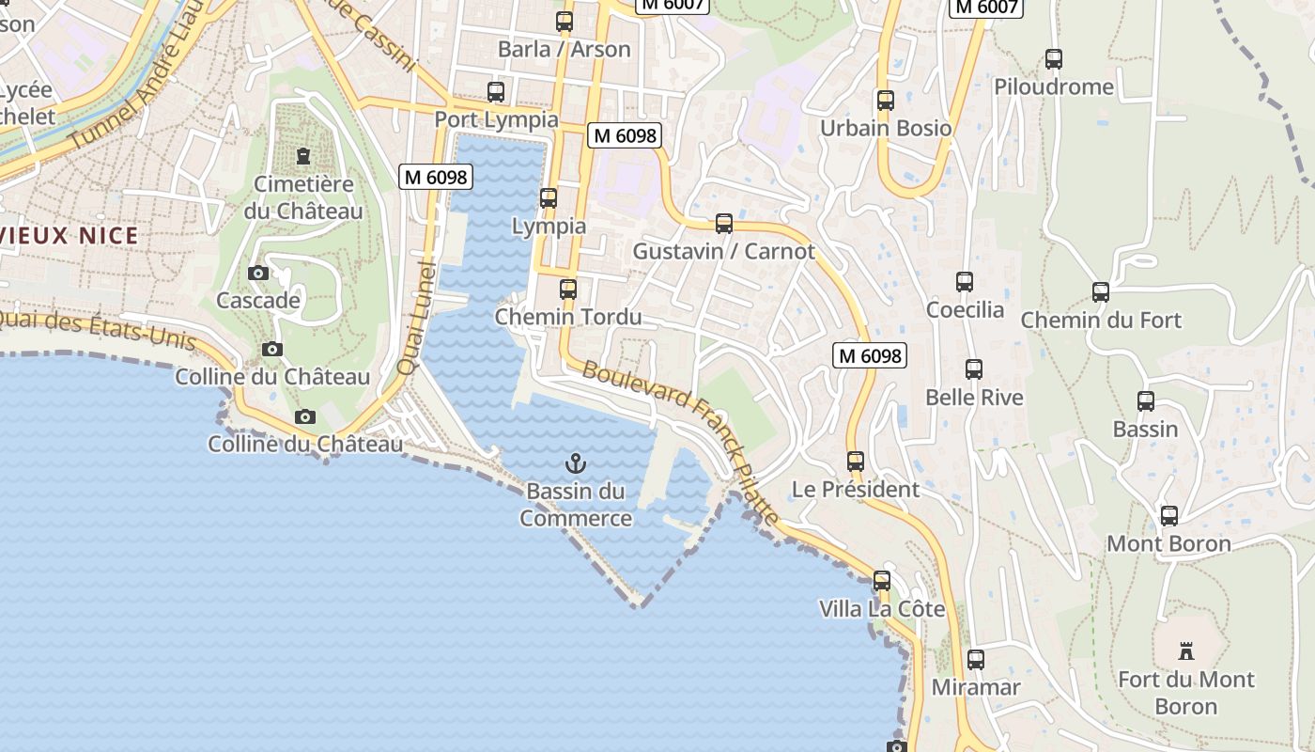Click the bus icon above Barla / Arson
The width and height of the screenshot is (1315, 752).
tap(565, 21)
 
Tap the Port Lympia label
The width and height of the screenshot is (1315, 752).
tap(496, 120)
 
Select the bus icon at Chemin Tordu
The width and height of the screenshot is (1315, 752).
tap(567, 289)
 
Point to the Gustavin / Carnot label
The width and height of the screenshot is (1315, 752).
tap(723, 252)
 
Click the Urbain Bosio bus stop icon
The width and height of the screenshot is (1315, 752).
tap(885, 100)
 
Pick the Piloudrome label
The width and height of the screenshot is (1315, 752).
tap(1054, 87)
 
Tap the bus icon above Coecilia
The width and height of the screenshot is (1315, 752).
tap(965, 281)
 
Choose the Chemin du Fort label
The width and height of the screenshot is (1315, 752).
tap(1101, 321)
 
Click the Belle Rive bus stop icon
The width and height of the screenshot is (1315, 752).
tap(974, 369)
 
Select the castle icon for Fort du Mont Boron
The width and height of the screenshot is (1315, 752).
tap(1186, 650)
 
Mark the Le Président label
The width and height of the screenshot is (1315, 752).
tap(856, 490)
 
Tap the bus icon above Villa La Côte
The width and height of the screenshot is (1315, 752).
tap(881, 580)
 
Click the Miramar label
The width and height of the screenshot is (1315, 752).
tap(975, 688)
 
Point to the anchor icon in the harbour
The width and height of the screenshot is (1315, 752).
tap(575, 462)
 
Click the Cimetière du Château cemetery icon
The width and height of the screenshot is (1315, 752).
tap(303, 155)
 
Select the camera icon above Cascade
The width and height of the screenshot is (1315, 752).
tap(258, 274)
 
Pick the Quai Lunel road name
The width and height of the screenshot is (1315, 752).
tap(414, 320)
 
